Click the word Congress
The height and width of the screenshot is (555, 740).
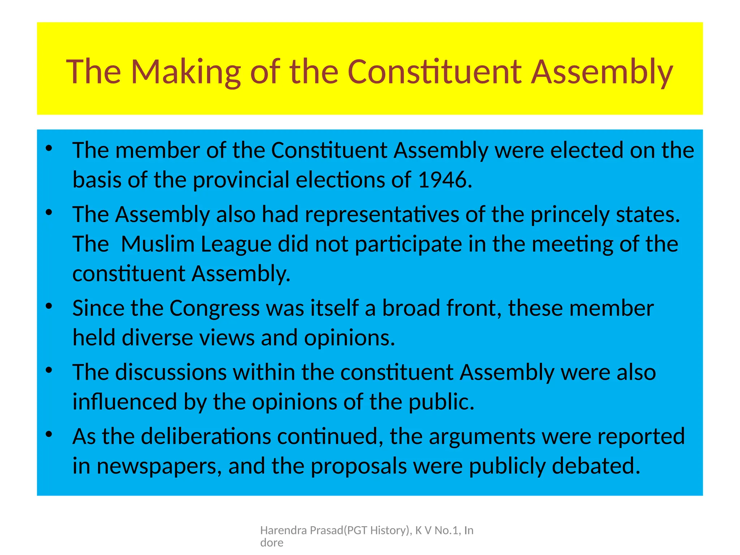click(x=214, y=308)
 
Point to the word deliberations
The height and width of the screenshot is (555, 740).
click(x=206, y=436)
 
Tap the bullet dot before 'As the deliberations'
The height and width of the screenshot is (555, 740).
click(x=49, y=434)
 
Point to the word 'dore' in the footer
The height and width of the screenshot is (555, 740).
click(x=272, y=543)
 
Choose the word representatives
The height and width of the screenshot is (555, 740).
click(x=382, y=214)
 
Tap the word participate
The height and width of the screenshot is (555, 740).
click(x=408, y=244)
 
